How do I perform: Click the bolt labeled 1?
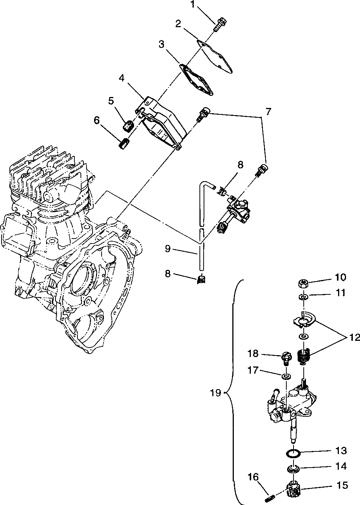point(219,25)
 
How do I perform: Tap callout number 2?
point(178,24)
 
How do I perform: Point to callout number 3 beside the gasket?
point(161,45)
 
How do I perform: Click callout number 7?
point(268,112)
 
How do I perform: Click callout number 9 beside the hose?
point(167,249)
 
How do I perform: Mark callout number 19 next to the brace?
point(215,393)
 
